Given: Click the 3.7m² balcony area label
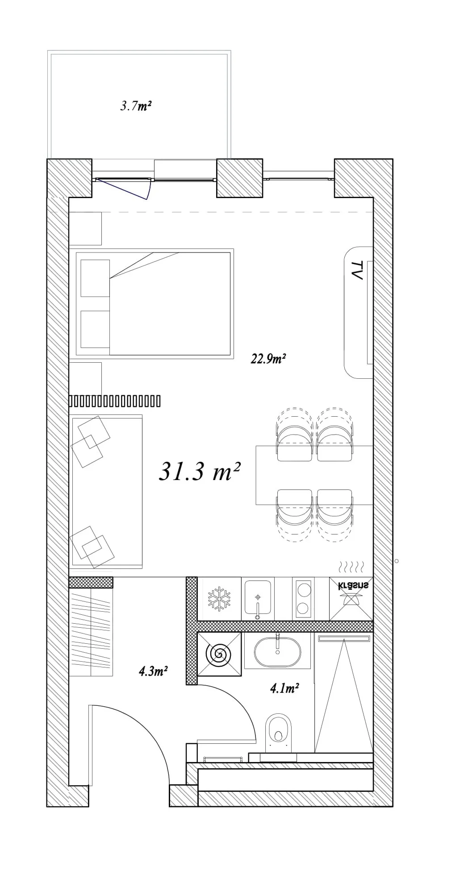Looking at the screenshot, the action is tap(136, 106).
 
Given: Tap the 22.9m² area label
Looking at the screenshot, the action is tap(268, 359).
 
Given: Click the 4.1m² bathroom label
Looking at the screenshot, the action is tap(284, 688).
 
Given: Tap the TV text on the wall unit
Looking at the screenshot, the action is tap(356, 270).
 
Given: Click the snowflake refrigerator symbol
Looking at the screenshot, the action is tap(219, 598).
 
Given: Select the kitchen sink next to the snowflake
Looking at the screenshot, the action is tap(258, 599).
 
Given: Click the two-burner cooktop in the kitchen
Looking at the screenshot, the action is tap(304, 599).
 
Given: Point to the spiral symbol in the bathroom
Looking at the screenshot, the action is tap(219, 655).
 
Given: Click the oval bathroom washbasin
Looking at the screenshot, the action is tap(277, 652).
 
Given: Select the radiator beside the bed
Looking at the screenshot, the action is tap(115, 401).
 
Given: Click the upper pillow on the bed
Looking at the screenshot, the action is tap(95, 278).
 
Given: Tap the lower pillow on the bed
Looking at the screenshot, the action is tap(95, 329).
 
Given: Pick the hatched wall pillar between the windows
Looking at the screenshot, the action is tap(239, 178).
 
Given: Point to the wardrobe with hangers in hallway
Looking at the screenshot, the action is tap(91, 632).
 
